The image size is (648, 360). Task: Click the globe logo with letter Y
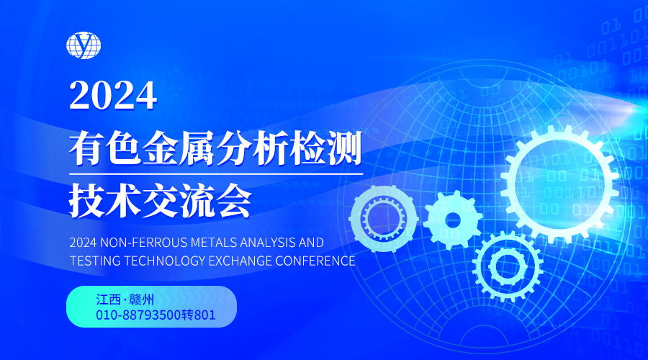point(84,45)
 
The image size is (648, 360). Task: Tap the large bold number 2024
point(113,96)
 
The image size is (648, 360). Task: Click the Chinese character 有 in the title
point(86,148)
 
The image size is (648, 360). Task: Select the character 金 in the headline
point(160,148)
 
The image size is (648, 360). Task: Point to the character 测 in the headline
point(344,148)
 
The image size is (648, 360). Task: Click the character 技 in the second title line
point(86,200)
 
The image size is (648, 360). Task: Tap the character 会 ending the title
point(233,200)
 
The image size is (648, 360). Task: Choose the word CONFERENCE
point(315,261)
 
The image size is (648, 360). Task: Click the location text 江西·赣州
point(125,300)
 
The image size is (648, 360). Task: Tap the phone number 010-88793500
point(138,315)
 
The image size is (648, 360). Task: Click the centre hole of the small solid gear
point(453,220)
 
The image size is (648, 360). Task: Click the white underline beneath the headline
point(216,174)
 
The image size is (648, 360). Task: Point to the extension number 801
point(204,315)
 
